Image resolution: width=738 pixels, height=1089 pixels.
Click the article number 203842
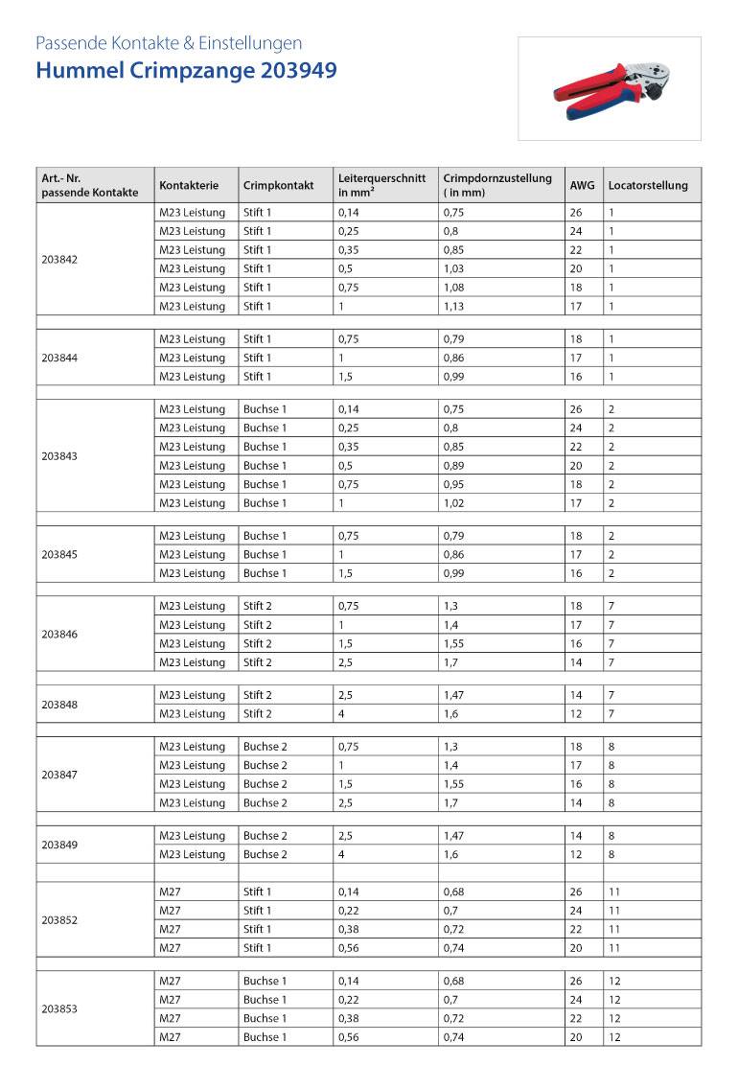tap(61, 259)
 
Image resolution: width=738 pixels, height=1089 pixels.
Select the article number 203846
tap(61, 635)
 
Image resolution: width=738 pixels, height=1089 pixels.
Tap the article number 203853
tap(61, 1009)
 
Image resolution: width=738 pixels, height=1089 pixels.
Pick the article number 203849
tap(61, 846)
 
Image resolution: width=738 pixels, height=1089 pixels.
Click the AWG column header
tap(582, 186)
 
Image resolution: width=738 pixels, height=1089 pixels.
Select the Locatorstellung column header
tap(648, 186)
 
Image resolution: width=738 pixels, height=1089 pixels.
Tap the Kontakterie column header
tap(189, 186)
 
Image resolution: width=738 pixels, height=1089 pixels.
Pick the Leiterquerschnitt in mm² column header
tap(381, 185)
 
